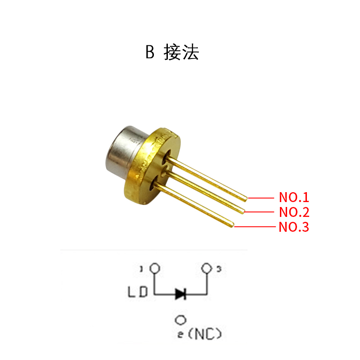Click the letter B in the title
150,53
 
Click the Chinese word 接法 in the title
181,53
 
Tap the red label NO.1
294,197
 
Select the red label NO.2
294,212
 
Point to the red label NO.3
294,227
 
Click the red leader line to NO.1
261,198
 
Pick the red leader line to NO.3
254,226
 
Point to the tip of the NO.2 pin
243,211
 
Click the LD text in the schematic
137,293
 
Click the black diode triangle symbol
181,294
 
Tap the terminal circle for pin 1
155,268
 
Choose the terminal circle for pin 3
207,268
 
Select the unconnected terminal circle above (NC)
180,320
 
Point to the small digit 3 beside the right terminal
219,270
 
